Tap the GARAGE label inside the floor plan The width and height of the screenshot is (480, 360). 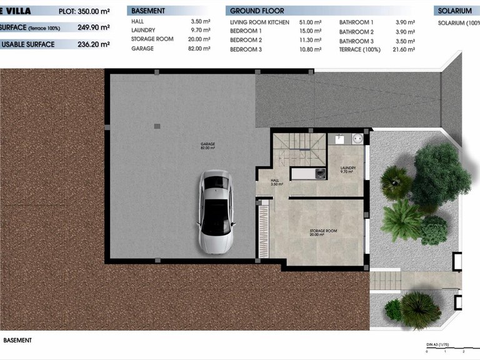(x=207, y=146)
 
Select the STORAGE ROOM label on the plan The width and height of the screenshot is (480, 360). (x=323, y=232)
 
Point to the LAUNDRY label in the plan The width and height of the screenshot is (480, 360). (x=348, y=169)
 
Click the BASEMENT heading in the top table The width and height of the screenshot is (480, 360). (x=148, y=11)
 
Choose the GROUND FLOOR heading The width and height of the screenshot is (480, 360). (x=257, y=11)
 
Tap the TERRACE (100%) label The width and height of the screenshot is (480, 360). (x=359, y=49)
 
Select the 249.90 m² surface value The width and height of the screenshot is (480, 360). (x=94, y=27)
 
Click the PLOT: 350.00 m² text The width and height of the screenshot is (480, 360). (x=84, y=11)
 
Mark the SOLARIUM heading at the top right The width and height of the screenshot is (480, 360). (x=454, y=11)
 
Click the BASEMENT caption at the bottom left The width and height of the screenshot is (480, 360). (x=17, y=341)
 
